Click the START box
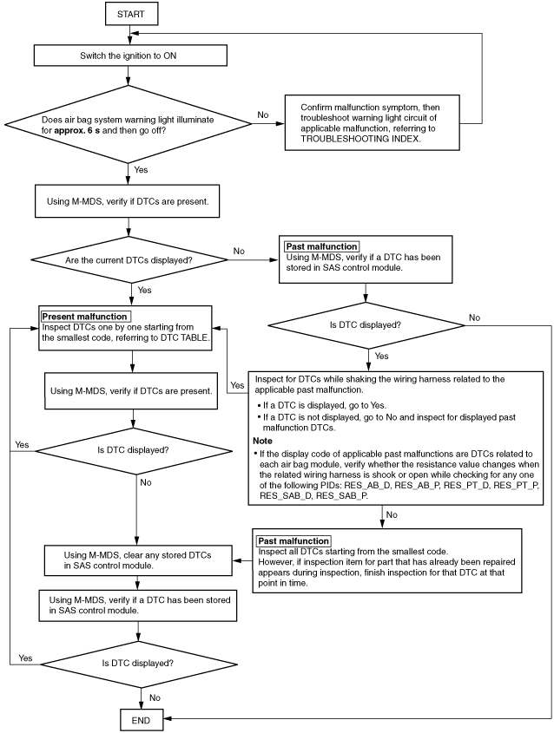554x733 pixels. (x=131, y=14)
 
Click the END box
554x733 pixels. (x=142, y=720)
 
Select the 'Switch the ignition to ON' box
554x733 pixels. (x=130, y=56)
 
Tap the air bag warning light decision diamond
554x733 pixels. (x=128, y=125)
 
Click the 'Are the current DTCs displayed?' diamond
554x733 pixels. (x=129, y=260)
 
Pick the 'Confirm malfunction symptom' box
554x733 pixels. (x=372, y=123)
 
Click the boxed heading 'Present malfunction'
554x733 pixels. (x=85, y=317)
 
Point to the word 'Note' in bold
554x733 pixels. (x=262, y=441)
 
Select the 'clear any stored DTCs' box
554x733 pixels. (x=138, y=560)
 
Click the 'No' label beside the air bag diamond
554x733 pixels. (x=263, y=115)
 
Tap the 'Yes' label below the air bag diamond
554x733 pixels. (x=141, y=170)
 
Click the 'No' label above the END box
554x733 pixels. (x=155, y=697)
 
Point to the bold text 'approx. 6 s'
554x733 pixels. (x=77, y=130)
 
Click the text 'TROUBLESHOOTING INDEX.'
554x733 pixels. (x=360, y=139)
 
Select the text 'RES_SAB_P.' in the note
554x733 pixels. (x=342, y=496)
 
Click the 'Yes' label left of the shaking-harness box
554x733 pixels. (x=237, y=385)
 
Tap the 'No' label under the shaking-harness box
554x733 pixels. (x=392, y=514)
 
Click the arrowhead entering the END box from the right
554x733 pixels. (x=167, y=718)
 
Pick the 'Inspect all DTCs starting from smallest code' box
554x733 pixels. (x=387, y=561)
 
